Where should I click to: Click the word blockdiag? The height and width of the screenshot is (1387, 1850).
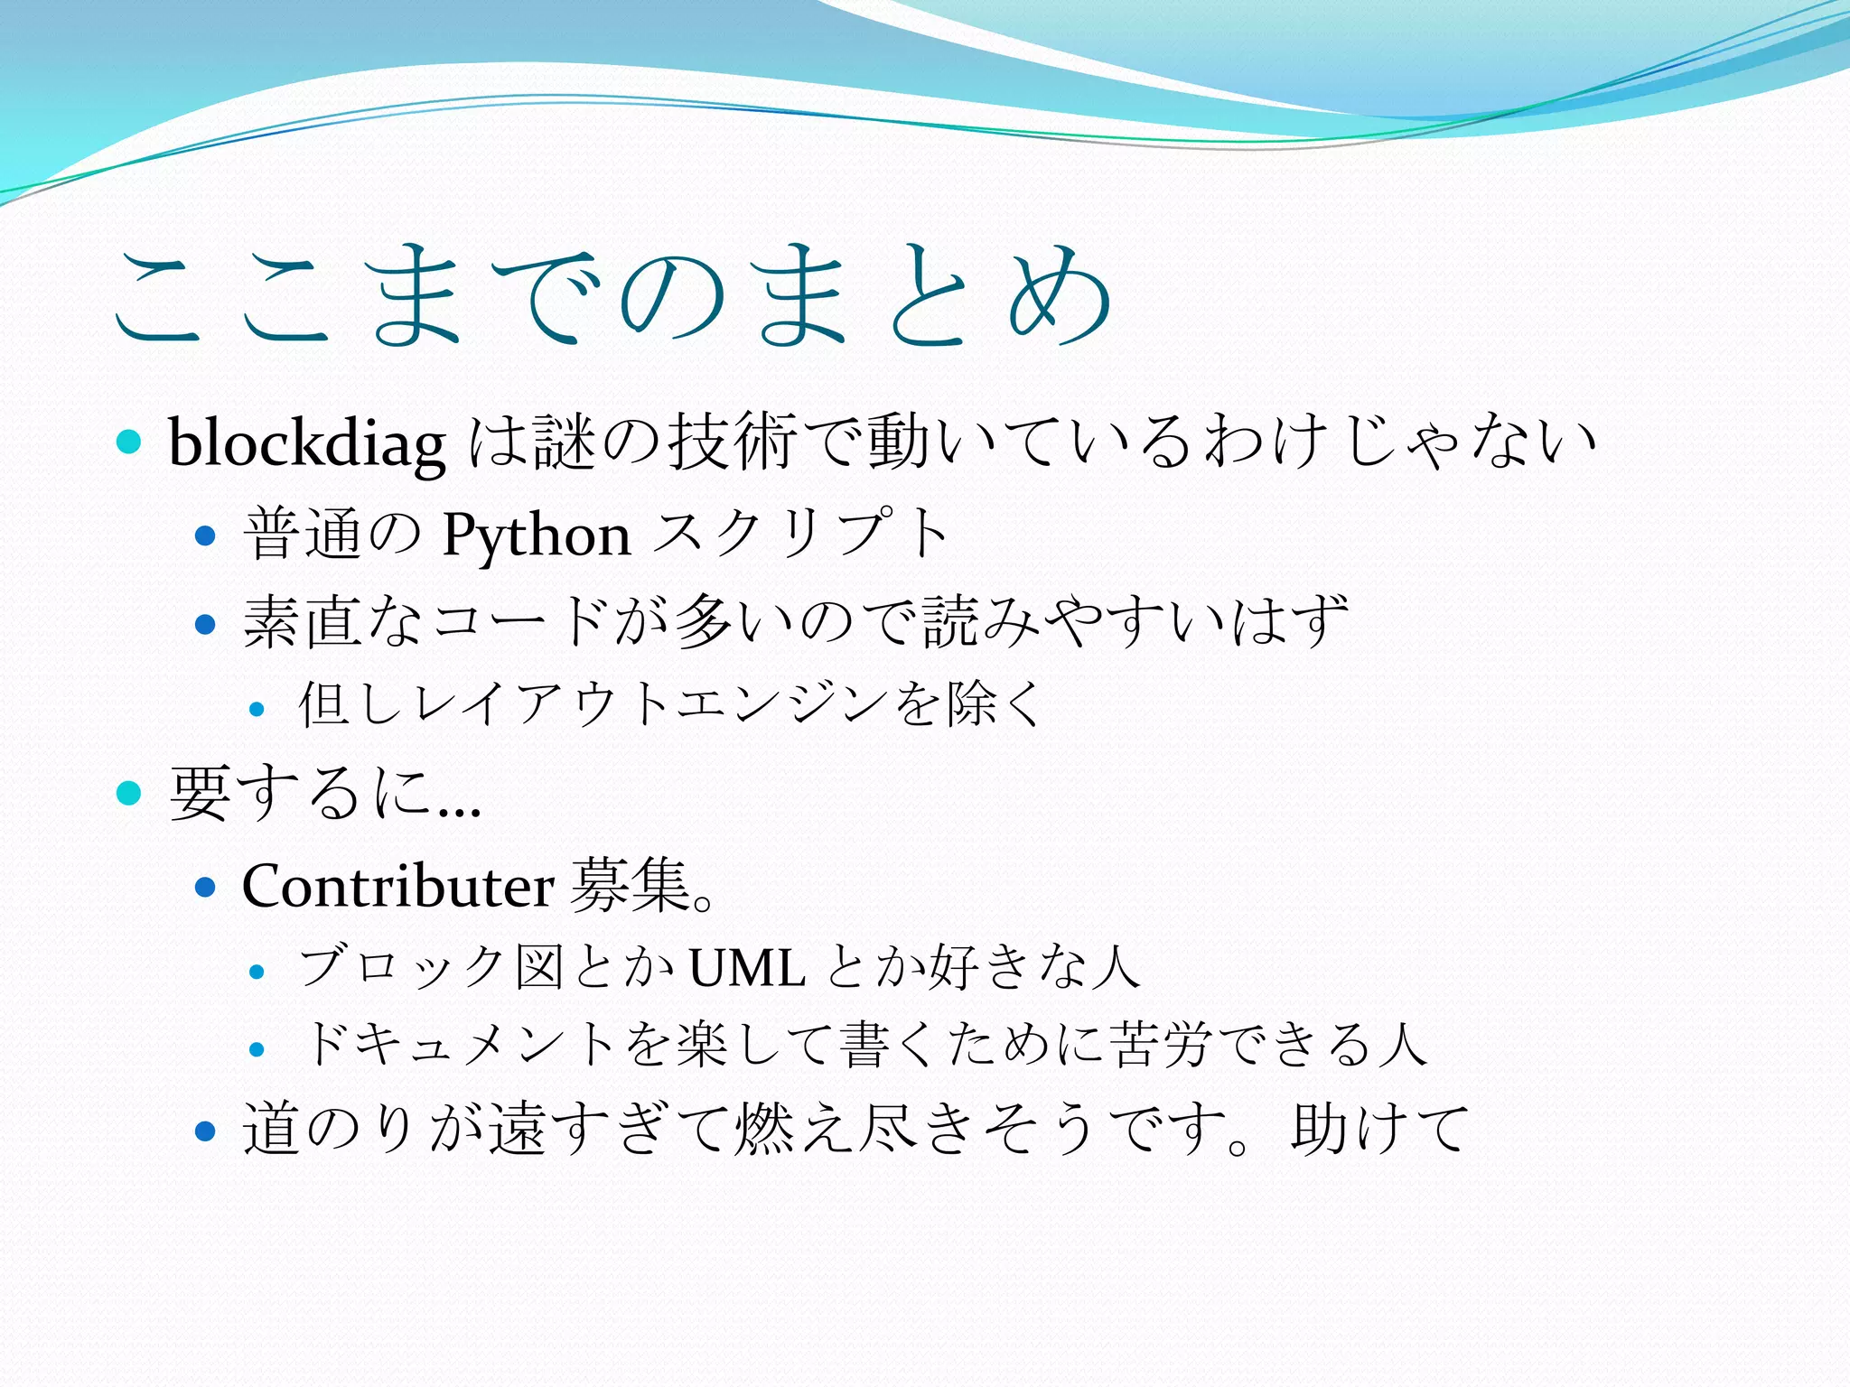tap(307, 443)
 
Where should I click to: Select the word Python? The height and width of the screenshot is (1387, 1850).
tap(537, 535)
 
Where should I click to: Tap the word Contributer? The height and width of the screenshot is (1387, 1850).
tap(397, 886)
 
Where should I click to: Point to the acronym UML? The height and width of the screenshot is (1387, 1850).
tap(747, 968)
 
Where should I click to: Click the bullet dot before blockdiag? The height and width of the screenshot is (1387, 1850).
tap(130, 442)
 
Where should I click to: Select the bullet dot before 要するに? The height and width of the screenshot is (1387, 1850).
tap(130, 793)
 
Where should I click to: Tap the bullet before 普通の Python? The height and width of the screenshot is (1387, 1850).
tap(206, 536)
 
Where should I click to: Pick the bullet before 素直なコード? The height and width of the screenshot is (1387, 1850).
tap(206, 623)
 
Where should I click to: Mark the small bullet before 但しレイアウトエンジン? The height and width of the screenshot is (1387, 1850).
tap(257, 710)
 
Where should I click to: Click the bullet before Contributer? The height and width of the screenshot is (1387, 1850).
tap(206, 887)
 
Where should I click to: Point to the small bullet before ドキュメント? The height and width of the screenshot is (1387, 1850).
tap(257, 1049)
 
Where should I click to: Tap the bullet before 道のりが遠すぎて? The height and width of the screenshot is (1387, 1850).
tap(206, 1131)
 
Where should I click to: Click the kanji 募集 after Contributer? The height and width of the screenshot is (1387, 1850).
tap(631, 886)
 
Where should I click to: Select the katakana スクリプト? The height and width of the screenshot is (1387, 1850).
tap(800, 535)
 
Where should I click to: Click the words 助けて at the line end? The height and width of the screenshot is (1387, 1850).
tap(1379, 1129)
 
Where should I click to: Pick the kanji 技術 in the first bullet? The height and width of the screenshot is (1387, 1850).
tap(732, 442)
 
